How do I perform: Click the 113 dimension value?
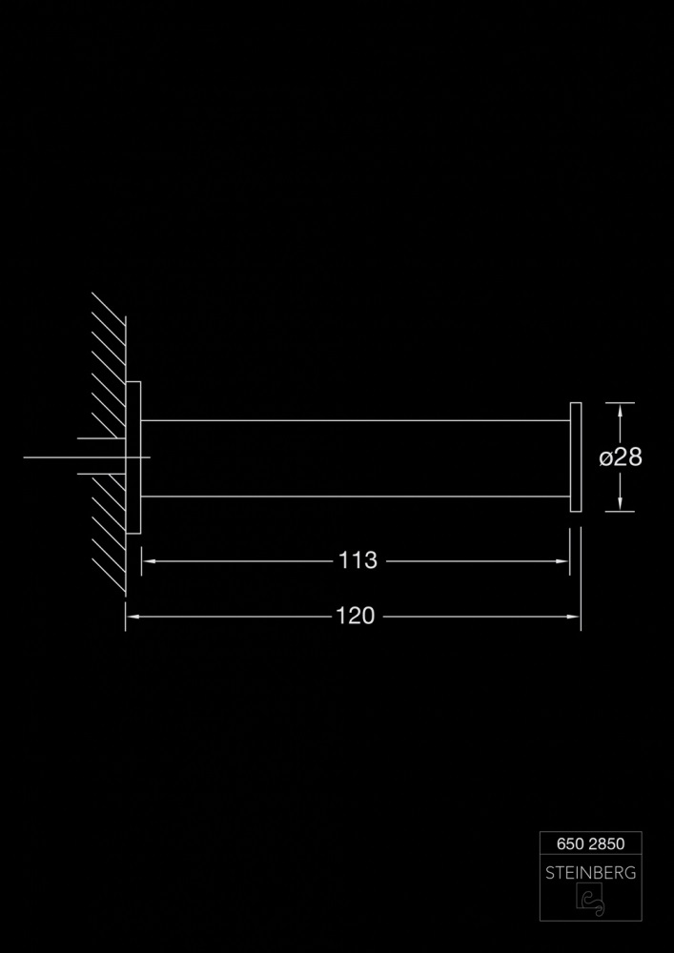pyautogui.click(x=357, y=560)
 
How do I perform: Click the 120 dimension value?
pyautogui.click(x=356, y=617)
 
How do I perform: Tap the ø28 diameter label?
pyautogui.click(x=621, y=457)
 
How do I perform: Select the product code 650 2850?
pyautogui.click(x=590, y=843)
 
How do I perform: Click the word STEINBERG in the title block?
pyautogui.click(x=590, y=873)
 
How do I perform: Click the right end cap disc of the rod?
pyautogui.click(x=576, y=457)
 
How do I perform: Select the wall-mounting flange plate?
pyautogui.click(x=133, y=457)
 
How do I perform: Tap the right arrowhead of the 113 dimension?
pyautogui.click(x=562, y=561)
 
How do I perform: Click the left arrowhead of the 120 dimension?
pyautogui.click(x=133, y=617)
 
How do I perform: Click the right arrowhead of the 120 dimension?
pyautogui.click(x=573, y=617)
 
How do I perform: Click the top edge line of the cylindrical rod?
pyautogui.click(x=356, y=420)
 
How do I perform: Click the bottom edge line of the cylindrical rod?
pyautogui.click(x=356, y=497)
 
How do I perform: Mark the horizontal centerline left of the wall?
pyautogui.click(x=87, y=457)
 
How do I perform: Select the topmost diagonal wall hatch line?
pyautogui.click(x=109, y=309)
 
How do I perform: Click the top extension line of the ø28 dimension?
pyautogui.click(x=620, y=402)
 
